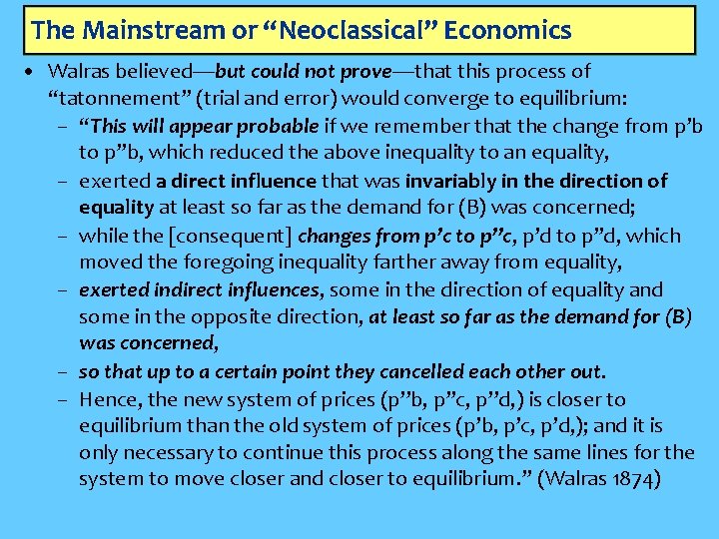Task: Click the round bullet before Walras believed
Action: [x=34, y=72]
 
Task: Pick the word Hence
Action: [x=107, y=399]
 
